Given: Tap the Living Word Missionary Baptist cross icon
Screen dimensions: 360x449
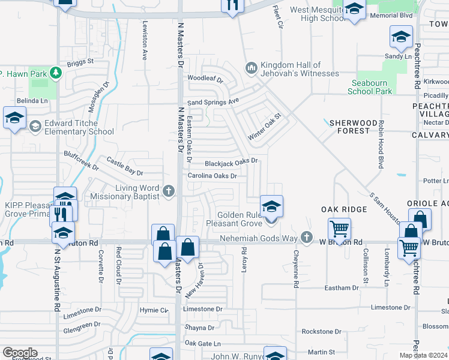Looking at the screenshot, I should coord(169,191).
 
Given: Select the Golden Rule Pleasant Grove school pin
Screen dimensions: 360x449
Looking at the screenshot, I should coord(271,208).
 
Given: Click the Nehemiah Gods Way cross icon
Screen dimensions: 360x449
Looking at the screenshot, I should coord(307,238).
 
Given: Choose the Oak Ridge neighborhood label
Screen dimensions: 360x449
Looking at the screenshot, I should coord(343,209).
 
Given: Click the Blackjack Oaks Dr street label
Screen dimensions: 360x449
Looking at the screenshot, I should coord(231,161).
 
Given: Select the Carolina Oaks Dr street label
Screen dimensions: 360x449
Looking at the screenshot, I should coord(212,176).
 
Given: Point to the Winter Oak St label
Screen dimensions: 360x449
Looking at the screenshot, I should coord(265,127).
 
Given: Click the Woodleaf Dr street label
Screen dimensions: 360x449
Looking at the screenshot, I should coord(205,79).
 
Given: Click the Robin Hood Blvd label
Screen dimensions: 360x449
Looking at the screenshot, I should coord(380,144).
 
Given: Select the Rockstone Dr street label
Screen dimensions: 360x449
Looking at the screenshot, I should coord(321,331).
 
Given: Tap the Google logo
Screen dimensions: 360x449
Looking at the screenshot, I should coord(20,353).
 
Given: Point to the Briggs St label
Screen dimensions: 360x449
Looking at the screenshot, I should coord(81,61).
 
